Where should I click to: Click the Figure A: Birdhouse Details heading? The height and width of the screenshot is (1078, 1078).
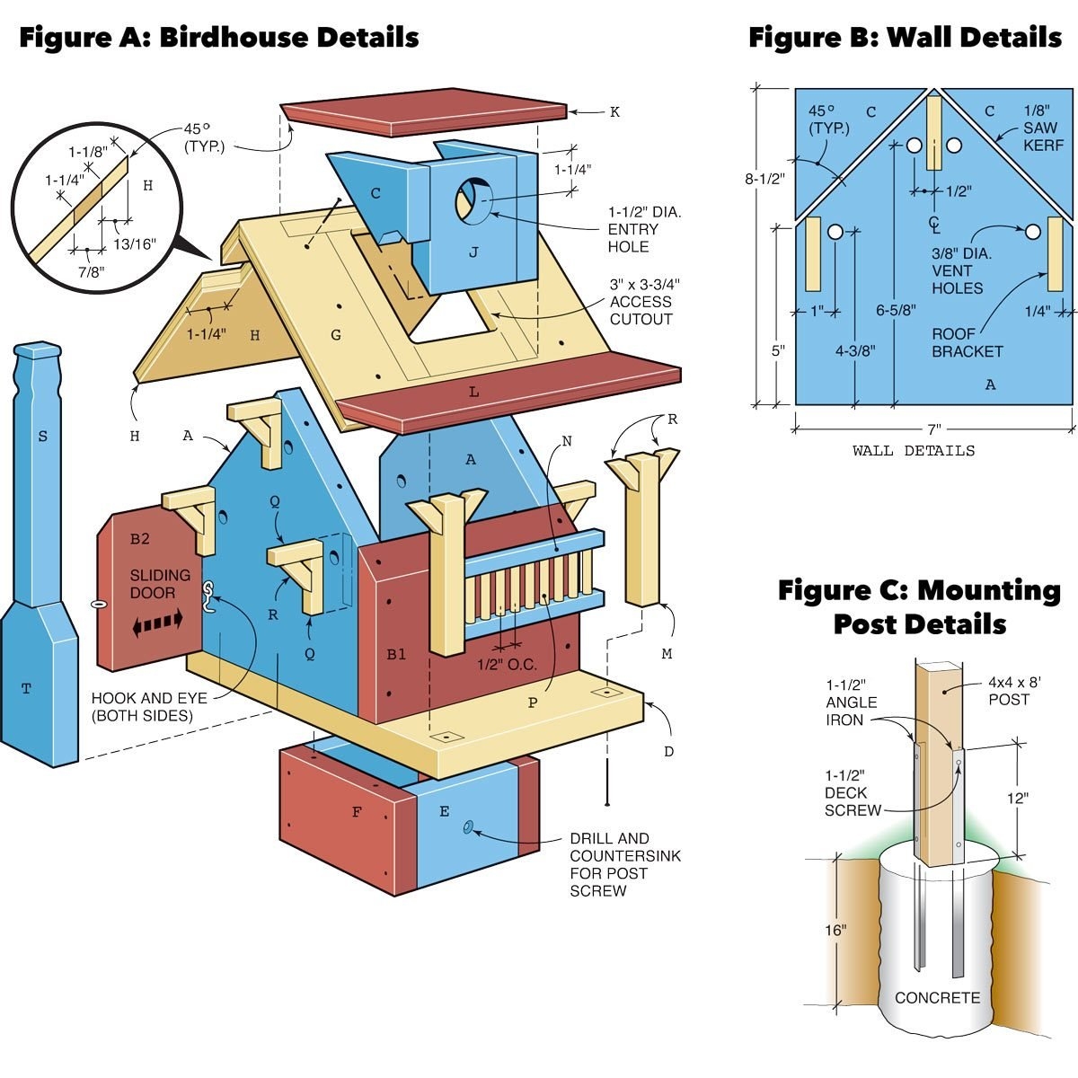(x=219, y=38)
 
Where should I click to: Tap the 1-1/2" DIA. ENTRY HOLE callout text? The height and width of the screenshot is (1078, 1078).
(x=644, y=229)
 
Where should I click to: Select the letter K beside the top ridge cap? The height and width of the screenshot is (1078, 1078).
(x=614, y=112)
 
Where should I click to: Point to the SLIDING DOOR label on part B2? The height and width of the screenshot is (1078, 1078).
(x=160, y=584)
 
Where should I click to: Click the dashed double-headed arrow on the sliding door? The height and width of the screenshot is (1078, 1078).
(x=158, y=622)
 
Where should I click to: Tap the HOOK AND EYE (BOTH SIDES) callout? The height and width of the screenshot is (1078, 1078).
(x=149, y=707)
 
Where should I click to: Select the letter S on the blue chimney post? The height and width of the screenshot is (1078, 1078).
(x=42, y=437)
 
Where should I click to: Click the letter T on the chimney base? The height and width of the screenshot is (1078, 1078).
(x=26, y=689)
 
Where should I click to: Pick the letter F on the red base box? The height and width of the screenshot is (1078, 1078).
(x=357, y=812)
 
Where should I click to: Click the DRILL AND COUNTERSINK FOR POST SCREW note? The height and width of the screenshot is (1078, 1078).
(x=625, y=864)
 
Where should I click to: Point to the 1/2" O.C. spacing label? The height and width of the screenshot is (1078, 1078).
(x=507, y=665)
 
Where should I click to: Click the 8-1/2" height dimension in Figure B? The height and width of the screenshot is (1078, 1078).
(x=764, y=179)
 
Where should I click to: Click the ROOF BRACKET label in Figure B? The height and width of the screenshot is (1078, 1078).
(x=967, y=342)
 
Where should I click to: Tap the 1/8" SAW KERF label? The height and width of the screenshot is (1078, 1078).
(x=1042, y=128)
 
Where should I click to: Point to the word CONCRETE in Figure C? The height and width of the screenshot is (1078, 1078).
(x=937, y=998)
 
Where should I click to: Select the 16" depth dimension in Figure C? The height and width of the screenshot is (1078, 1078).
(x=835, y=930)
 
